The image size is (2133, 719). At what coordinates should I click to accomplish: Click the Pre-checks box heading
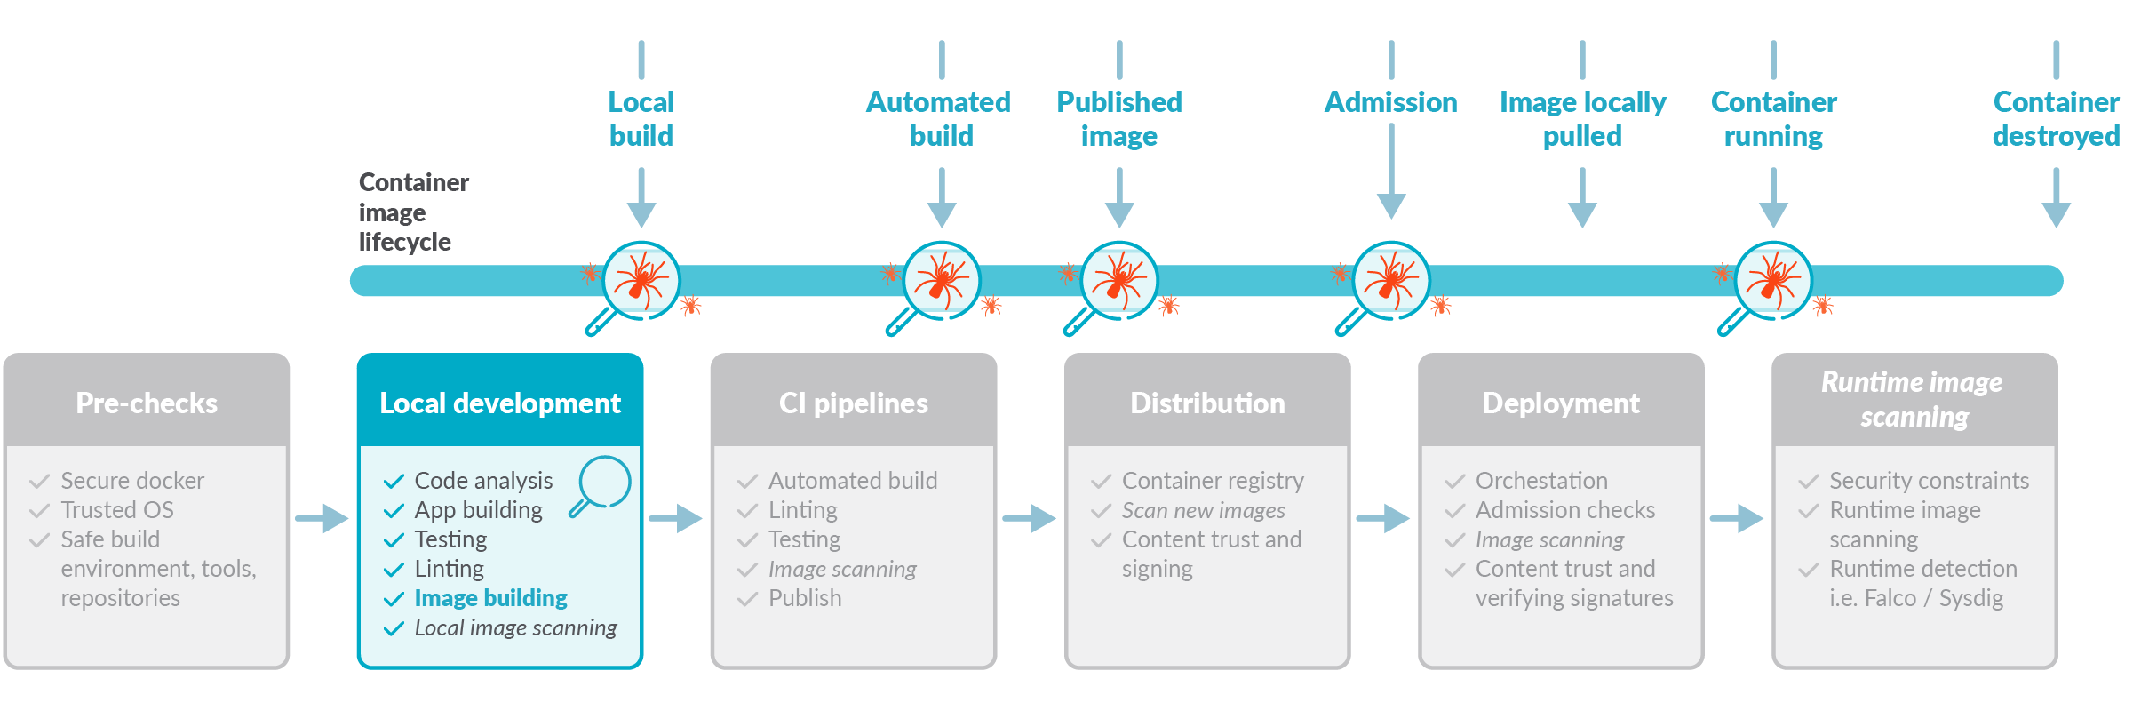147,403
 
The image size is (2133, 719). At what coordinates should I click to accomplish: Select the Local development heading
500,403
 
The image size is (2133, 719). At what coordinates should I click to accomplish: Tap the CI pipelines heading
854,403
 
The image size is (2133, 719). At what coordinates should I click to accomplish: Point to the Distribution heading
1207,403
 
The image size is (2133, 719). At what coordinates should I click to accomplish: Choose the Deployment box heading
1561,403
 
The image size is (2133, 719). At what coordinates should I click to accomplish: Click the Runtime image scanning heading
1914,399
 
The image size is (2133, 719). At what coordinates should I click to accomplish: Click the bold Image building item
490,598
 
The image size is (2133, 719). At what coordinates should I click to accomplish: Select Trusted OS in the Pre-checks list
117,510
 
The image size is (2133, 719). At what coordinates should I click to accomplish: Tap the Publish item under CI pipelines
805,598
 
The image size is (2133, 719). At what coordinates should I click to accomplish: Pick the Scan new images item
1204,510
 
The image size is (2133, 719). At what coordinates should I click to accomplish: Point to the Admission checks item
1565,510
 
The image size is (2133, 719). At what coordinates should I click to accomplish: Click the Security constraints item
1929,481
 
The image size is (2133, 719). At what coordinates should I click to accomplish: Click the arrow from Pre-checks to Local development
322,518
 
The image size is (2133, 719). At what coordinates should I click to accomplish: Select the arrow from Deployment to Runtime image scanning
1737,518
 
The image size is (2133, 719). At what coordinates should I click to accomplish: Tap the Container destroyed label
2056,118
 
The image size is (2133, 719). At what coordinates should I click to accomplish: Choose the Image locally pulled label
1582,118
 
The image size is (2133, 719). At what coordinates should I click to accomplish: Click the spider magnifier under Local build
634,287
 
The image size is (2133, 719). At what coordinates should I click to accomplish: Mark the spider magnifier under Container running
1766,287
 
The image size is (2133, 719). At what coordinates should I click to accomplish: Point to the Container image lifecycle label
413,212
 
